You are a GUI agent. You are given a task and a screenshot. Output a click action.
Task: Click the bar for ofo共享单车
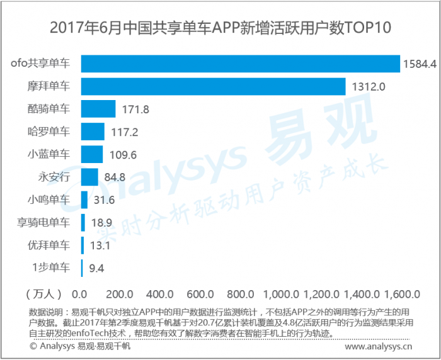240,64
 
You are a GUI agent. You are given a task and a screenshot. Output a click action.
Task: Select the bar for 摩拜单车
213,86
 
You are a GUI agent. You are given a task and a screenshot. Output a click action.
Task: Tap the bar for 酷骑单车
98,109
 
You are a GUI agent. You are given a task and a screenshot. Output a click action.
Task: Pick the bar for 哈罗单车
93,132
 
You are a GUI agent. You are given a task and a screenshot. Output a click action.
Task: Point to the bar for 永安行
89,177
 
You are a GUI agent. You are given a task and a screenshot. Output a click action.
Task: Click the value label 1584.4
420,64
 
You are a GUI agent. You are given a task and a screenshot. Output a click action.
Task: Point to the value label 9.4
96,269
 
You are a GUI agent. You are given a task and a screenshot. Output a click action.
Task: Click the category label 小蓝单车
49,154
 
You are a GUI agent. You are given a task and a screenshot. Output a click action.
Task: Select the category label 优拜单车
49,245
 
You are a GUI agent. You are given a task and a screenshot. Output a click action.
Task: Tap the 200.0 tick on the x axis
120,293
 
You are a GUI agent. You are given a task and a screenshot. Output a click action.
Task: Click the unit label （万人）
43,293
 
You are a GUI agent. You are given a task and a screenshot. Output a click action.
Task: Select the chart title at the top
220,28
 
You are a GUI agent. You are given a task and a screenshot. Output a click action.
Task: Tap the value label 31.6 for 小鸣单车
104,200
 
